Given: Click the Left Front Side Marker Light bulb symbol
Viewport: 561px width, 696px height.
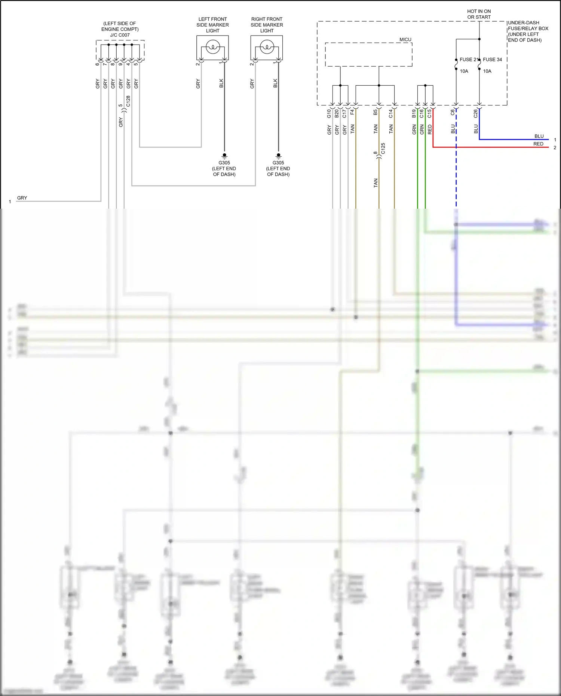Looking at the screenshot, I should pyautogui.click(x=212, y=47).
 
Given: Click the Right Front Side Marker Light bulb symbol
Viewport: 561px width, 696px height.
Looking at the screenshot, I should pyautogui.click(x=267, y=47).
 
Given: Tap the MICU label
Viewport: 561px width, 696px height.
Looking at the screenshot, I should pyautogui.click(x=405, y=40).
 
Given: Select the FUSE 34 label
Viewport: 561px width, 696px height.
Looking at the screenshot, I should pyautogui.click(x=492, y=59).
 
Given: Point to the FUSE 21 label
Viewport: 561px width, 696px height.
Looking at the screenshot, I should pyautogui.click(x=468, y=59).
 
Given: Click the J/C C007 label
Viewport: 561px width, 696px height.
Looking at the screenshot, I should pyautogui.click(x=120, y=35).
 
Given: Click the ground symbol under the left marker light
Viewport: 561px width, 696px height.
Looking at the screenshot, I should pyautogui.click(x=224, y=155).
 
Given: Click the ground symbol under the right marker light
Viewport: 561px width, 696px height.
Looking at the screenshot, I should pyautogui.click(x=278, y=155).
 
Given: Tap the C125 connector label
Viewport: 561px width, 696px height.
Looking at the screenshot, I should pyautogui.click(x=383, y=148).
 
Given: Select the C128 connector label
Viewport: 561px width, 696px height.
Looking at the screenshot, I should pyautogui.click(x=128, y=101).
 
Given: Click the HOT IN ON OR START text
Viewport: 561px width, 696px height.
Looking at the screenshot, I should pyautogui.click(x=479, y=14).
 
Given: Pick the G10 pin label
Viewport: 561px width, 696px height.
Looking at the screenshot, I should pyautogui.click(x=329, y=114).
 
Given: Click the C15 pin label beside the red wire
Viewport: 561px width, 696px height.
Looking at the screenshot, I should pyautogui.click(x=429, y=113).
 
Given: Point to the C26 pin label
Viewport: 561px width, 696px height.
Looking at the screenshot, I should pyautogui.click(x=475, y=114).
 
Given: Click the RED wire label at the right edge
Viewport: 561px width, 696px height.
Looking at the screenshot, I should pyautogui.click(x=538, y=144).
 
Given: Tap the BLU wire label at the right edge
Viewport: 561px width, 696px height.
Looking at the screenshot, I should pyautogui.click(x=539, y=136).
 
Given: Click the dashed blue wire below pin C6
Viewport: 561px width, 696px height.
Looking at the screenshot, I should pyautogui.click(x=456, y=172).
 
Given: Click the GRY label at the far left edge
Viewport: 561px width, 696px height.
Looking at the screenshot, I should pyautogui.click(x=22, y=198).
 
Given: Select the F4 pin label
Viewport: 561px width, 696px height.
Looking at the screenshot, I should pyautogui.click(x=352, y=112).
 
